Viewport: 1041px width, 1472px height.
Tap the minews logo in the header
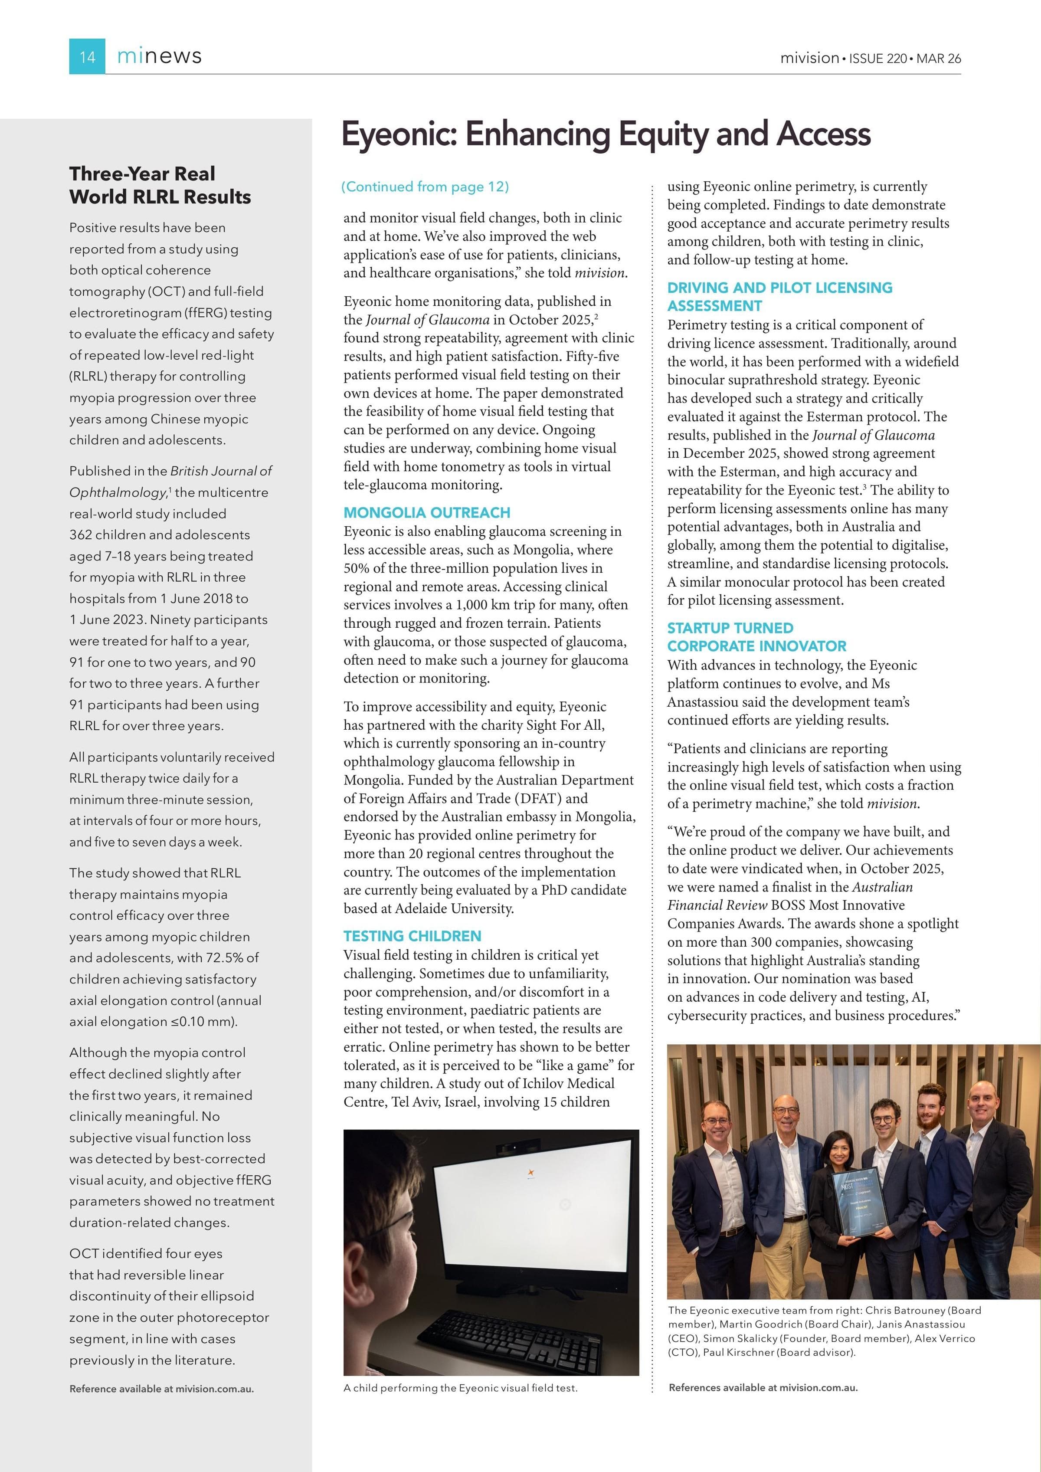[159, 56]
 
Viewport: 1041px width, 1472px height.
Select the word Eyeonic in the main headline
[397, 134]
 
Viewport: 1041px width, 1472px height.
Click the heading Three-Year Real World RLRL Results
[160, 185]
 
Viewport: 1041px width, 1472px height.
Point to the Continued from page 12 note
[425, 187]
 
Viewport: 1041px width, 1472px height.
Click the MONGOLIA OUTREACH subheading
[427, 512]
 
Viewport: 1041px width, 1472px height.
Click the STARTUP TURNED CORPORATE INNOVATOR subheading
[756, 636]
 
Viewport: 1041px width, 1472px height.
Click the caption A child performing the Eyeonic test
[460, 1388]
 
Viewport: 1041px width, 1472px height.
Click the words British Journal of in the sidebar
[221, 471]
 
